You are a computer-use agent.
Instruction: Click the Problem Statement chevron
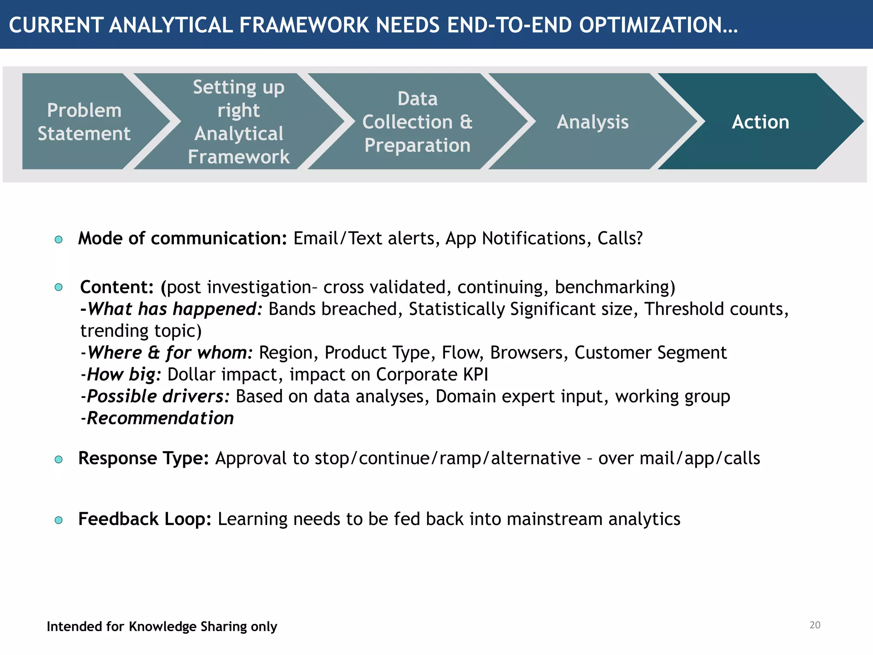pyautogui.click(x=84, y=122)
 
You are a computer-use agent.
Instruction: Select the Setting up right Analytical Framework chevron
pyautogui.click(x=239, y=122)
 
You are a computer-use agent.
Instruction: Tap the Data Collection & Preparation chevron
pyautogui.click(x=417, y=122)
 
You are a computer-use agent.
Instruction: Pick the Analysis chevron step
pyautogui.click(x=593, y=122)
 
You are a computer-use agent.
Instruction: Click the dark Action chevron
pyautogui.click(x=760, y=122)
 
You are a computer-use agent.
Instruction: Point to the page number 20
pyautogui.click(x=815, y=625)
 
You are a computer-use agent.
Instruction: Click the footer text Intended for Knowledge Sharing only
pyautogui.click(x=162, y=626)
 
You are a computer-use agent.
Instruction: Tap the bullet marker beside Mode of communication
pyautogui.click(x=59, y=240)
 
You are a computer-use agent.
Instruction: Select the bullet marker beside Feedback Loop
pyautogui.click(x=59, y=520)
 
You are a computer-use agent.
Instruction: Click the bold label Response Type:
pyautogui.click(x=144, y=458)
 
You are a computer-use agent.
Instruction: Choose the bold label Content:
pyautogui.click(x=117, y=287)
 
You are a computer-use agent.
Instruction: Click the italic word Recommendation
pyautogui.click(x=160, y=418)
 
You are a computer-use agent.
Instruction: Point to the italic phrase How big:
pyautogui.click(x=124, y=374)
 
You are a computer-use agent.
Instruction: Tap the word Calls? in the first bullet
pyautogui.click(x=620, y=238)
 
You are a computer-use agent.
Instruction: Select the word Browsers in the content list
pyautogui.click(x=529, y=353)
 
